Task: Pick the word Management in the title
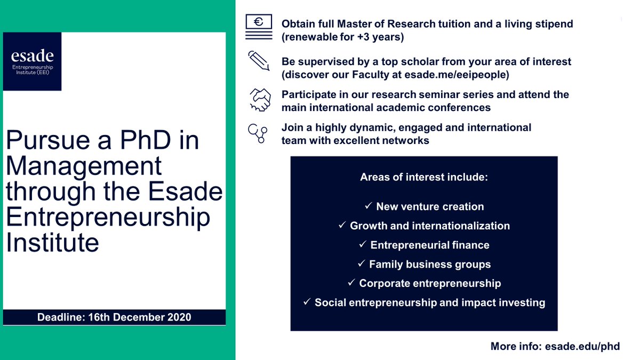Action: (84, 166)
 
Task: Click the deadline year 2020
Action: (178, 317)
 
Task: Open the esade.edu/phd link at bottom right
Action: (582, 346)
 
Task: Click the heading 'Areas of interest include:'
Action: (424, 177)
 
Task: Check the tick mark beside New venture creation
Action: (368, 206)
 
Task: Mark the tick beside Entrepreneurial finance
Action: (362, 245)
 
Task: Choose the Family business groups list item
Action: (430, 264)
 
